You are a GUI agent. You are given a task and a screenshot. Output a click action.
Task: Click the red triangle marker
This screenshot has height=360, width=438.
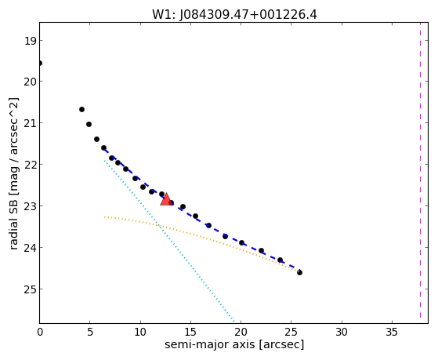pos(166,199)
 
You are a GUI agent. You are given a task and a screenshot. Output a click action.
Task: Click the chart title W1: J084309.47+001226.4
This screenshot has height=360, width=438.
pos(234,14)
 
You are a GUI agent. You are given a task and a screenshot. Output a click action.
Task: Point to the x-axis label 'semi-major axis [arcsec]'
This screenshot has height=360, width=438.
pos(234,344)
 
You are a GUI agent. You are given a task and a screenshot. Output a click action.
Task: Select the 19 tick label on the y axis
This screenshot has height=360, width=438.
pos(31,41)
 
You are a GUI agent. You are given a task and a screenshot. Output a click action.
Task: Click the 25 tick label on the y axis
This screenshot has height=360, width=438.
pos(31,289)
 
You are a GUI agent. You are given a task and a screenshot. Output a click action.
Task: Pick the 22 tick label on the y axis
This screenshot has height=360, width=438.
pos(31,165)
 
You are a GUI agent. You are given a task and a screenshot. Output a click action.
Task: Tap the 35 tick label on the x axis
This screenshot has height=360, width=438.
pos(392,332)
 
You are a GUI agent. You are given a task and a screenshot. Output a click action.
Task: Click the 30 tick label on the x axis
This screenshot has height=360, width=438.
pos(342,332)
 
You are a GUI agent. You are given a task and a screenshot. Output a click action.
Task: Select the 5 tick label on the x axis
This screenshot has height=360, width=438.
pos(90,332)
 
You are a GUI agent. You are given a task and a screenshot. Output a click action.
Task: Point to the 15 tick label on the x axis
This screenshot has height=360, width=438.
pos(190,332)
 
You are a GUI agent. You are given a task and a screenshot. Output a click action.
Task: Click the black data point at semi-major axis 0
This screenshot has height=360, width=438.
pos(40,64)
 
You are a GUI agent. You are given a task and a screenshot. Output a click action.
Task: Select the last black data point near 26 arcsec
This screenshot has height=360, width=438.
pos(299,272)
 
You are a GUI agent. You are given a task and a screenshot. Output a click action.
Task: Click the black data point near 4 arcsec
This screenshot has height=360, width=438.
pos(81,109)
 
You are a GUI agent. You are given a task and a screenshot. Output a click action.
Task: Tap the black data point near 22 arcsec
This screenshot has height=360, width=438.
pos(261,251)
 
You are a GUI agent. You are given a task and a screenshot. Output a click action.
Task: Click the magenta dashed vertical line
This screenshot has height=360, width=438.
pos(420,170)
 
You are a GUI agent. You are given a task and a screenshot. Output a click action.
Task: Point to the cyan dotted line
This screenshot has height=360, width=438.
pos(169,241)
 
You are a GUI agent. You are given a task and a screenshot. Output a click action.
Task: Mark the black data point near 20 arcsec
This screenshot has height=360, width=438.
pos(241,243)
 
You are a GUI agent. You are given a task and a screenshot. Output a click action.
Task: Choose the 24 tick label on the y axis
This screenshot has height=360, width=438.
pos(31,248)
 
